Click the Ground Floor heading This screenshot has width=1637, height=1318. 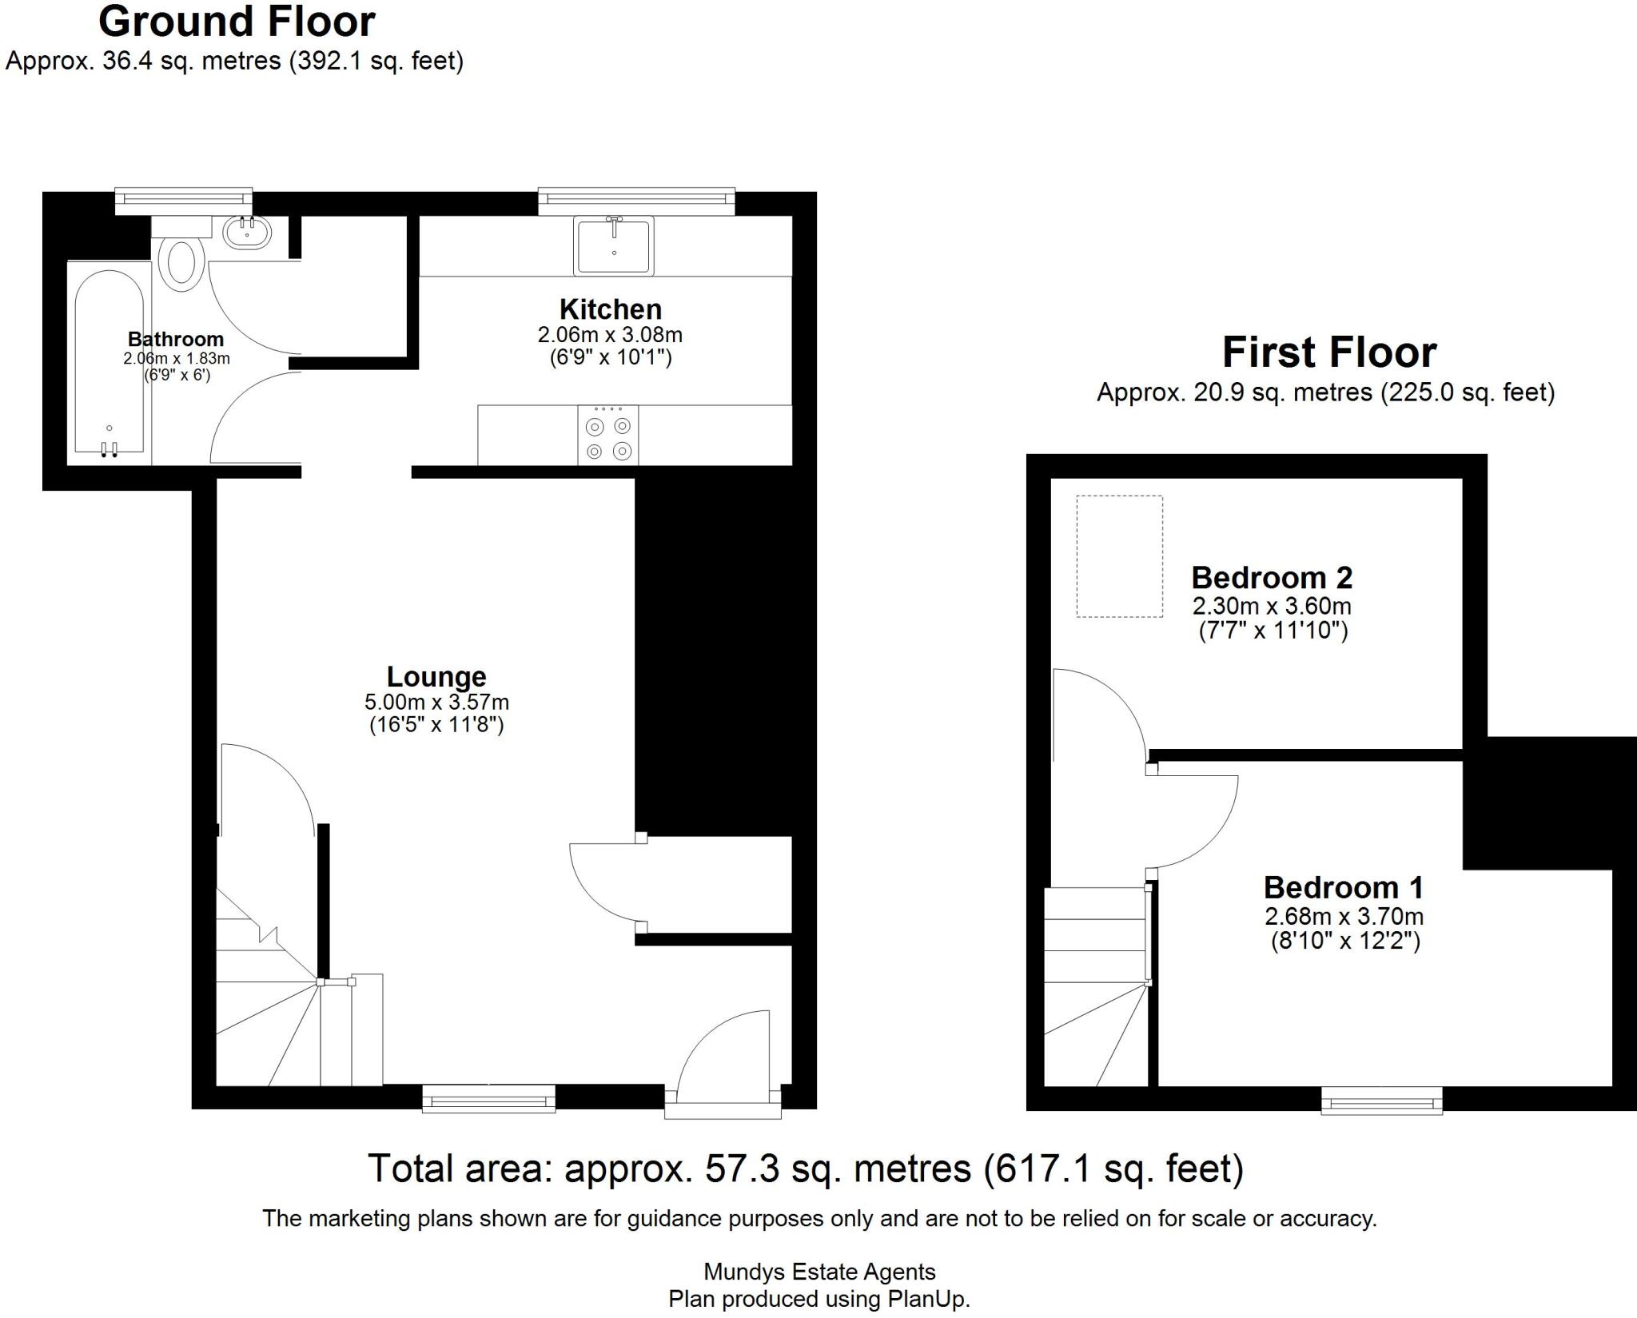(x=237, y=22)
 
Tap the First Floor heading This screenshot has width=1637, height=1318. (x=1328, y=352)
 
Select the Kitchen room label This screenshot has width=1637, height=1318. (x=610, y=309)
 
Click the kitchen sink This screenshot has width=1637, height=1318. (x=613, y=245)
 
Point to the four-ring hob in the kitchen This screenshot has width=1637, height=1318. (x=608, y=436)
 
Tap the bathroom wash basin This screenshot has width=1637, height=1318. (x=248, y=233)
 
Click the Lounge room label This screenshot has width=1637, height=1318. (x=436, y=677)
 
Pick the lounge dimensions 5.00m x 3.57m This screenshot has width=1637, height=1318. (x=436, y=703)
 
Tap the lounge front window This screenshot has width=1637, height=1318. (x=488, y=1100)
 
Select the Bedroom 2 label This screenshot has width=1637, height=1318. (x=1271, y=578)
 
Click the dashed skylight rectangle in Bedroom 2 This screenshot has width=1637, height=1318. (x=1119, y=556)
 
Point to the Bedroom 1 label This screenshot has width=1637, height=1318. (x=1343, y=888)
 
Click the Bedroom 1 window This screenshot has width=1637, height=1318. (x=1381, y=1101)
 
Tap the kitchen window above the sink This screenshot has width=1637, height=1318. (x=636, y=201)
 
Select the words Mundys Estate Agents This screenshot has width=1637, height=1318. (x=818, y=1272)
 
